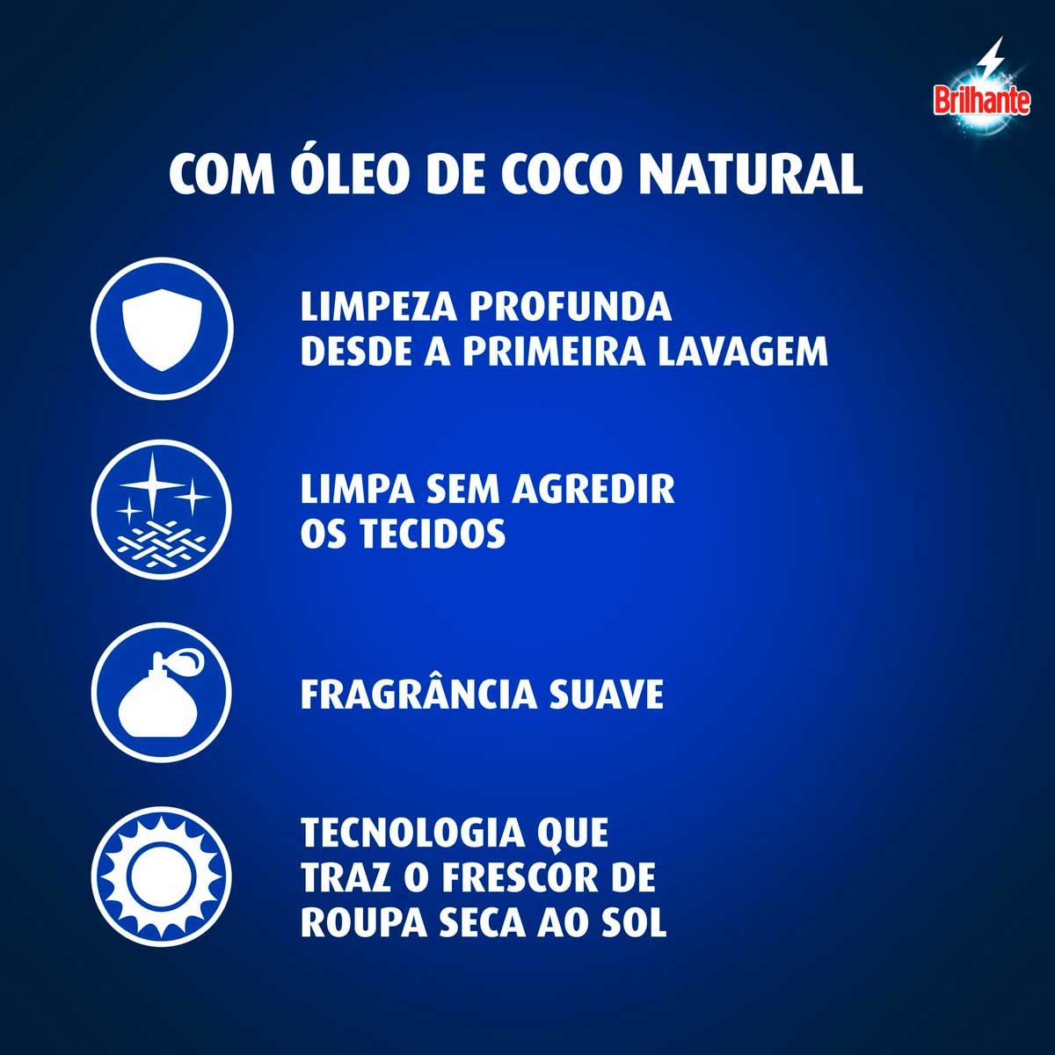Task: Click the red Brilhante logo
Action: [981, 101]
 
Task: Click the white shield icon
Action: [162, 332]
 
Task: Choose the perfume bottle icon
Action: [162, 695]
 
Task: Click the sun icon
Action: [162, 877]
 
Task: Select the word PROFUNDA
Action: [570, 307]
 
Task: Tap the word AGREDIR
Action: [593, 489]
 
